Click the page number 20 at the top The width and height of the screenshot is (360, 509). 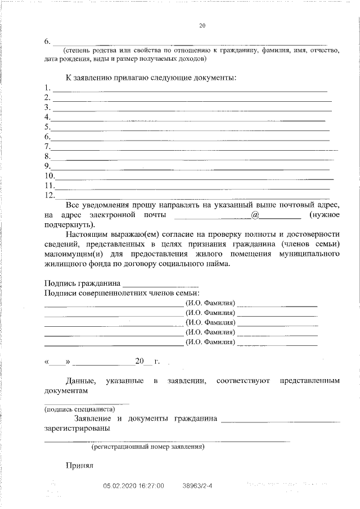pos(203,25)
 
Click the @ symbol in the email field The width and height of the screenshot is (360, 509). pos(255,215)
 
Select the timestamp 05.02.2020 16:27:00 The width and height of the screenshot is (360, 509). pos(134,485)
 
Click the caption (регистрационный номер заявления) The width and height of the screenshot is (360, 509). pos(148,447)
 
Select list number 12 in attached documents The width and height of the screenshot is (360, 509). pos(49,195)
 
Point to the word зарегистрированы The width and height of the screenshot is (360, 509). pos(77,427)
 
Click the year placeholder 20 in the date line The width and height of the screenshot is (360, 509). pos(139,361)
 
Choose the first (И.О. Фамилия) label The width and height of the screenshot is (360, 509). pos(210,303)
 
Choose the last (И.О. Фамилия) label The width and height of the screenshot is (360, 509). pos(210,341)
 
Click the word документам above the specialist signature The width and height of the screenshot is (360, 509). pos(66,390)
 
